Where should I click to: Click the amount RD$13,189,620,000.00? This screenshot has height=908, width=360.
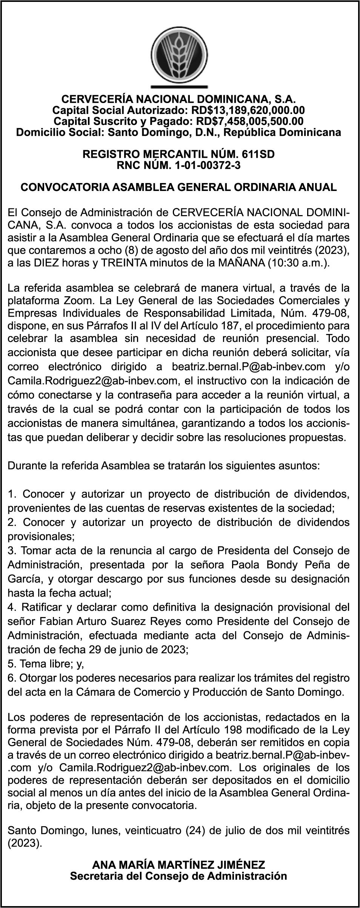(248, 111)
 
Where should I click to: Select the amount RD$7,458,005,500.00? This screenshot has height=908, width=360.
(248, 121)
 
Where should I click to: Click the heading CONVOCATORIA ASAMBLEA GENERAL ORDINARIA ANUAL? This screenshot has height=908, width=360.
(178, 187)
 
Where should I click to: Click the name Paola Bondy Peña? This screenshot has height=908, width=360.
(281, 565)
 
